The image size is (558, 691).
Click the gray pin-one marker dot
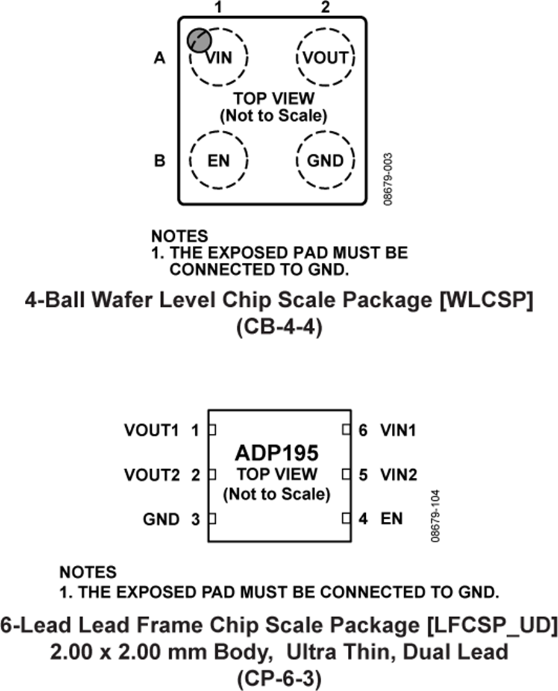click(x=199, y=40)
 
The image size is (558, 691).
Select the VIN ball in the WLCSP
click(x=219, y=58)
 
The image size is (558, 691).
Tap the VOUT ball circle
click(x=325, y=58)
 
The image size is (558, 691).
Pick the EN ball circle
click(x=218, y=161)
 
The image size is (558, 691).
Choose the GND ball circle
click(x=325, y=161)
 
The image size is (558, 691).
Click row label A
click(x=160, y=58)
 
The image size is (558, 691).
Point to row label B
click(x=160, y=161)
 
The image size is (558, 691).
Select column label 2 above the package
click(x=326, y=8)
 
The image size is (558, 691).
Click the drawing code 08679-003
click(x=387, y=179)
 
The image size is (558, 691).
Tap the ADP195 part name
click(x=277, y=452)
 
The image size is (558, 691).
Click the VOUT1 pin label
click(x=151, y=429)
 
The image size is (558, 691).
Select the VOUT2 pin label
click(x=151, y=475)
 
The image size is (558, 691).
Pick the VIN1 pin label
click(x=398, y=429)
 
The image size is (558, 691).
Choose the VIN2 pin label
click(x=398, y=475)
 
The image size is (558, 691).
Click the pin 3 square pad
click(x=211, y=519)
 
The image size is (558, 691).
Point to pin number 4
click(x=364, y=519)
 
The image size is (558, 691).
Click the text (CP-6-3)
click(x=278, y=679)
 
